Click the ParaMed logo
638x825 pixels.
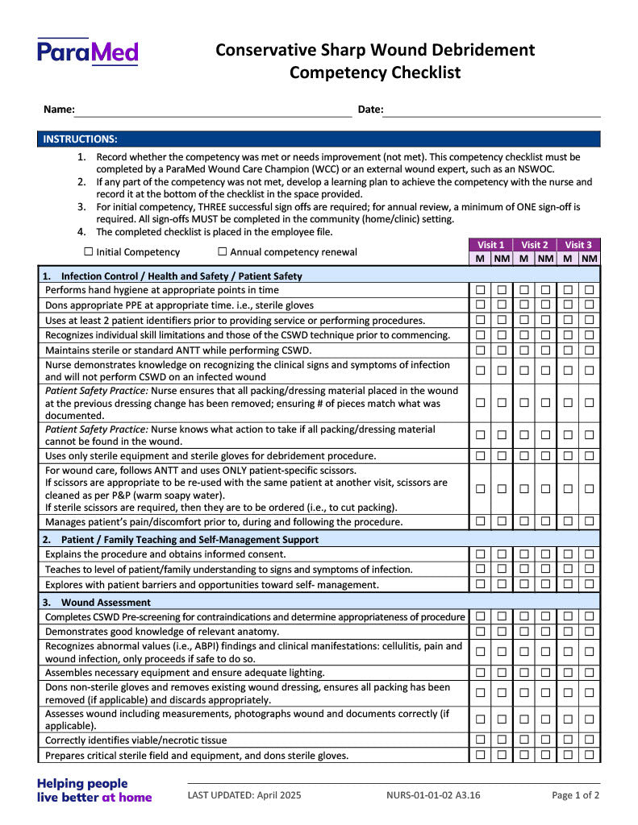tap(87, 52)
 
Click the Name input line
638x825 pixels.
tap(214, 111)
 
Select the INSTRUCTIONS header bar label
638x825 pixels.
tap(80, 139)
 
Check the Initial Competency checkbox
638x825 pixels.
tap(89, 252)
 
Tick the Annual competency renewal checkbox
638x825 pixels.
tap(223, 252)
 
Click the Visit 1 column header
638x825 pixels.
tap(490, 245)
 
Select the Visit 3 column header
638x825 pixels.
tap(578, 245)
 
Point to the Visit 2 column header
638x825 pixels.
tap(534, 245)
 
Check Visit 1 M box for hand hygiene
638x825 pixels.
tap(480, 290)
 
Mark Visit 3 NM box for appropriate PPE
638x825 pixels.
tap(590, 305)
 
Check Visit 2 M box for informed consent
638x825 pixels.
tap(523, 554)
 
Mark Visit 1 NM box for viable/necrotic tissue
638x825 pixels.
tap(502, 740)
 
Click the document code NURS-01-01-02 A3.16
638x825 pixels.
tap(433, 795)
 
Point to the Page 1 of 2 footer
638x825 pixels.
tap(575, 795)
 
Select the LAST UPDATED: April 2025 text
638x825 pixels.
tap(244, 795)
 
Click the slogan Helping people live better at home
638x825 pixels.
tap(94, 790)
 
